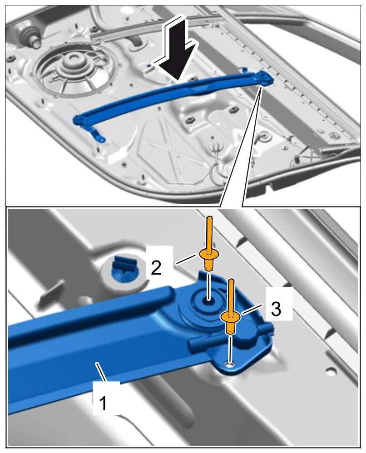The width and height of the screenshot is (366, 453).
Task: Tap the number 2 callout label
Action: (x=156, y=268)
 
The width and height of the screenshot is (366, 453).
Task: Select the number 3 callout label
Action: (x=276, y=309)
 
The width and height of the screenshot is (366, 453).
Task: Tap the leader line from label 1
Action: (x=102, y=373)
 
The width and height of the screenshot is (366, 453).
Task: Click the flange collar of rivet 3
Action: (x=230, y=317)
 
